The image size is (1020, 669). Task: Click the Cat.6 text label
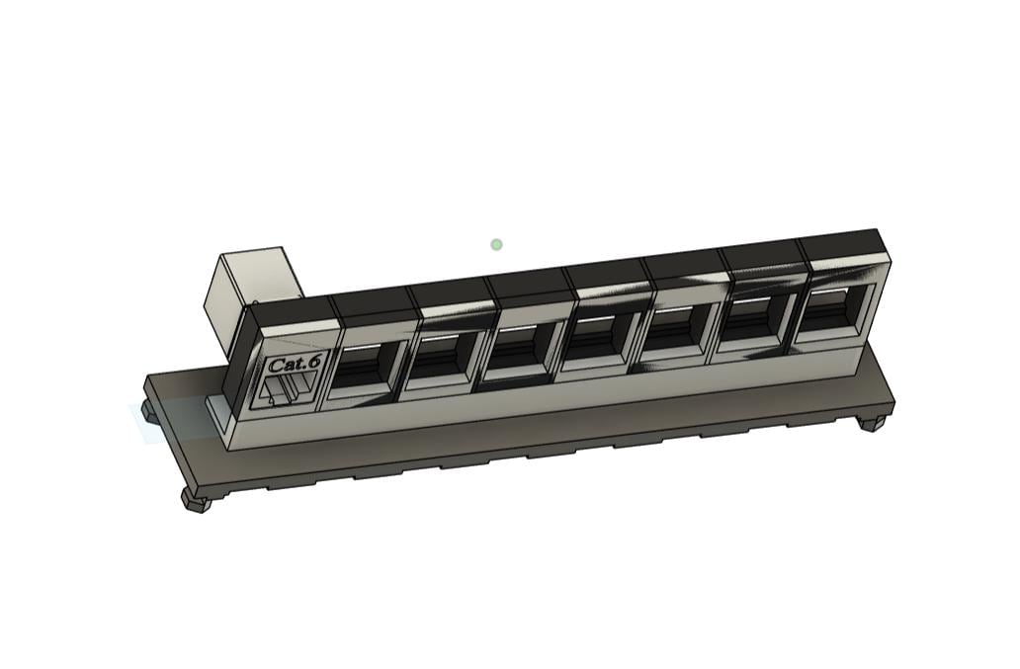coord(295,364)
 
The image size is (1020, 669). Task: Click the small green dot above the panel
coord(496,244)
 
